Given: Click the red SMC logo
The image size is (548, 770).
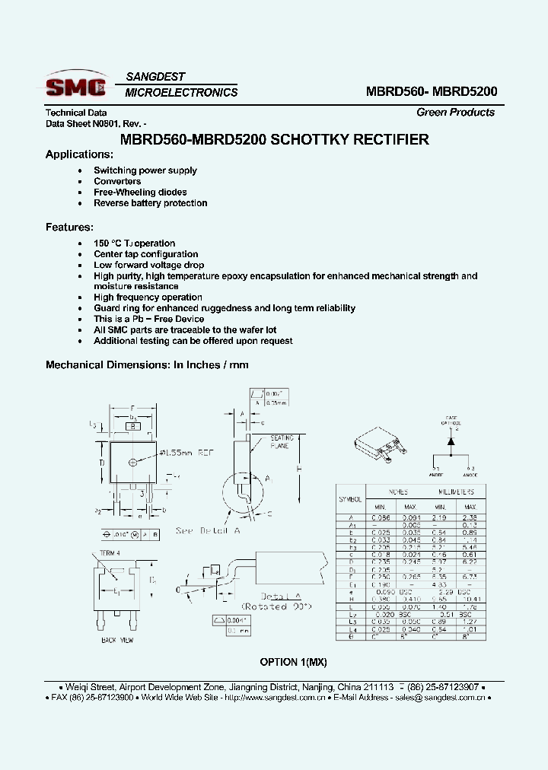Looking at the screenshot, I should point(75,86).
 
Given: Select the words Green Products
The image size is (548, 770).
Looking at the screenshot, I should point(455,113).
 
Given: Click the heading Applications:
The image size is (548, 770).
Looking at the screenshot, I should point(79,154).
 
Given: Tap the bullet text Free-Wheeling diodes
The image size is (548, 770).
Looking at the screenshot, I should point(140,192).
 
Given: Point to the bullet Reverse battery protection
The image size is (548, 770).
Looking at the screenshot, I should point(150,203).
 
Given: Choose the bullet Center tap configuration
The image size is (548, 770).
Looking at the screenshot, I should point(145,254).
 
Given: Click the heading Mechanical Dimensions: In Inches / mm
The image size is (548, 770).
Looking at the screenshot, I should point(147,365).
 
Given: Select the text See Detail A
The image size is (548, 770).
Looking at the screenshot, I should point(207,530).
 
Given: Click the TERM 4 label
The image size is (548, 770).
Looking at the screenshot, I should point(110,552).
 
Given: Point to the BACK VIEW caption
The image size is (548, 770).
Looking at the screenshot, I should point(117,640).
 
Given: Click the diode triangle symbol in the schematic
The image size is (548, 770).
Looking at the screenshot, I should point(451,441).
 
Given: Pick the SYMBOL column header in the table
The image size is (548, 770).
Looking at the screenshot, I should point(350,499).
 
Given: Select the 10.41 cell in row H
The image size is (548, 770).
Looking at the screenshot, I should point(470,600).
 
